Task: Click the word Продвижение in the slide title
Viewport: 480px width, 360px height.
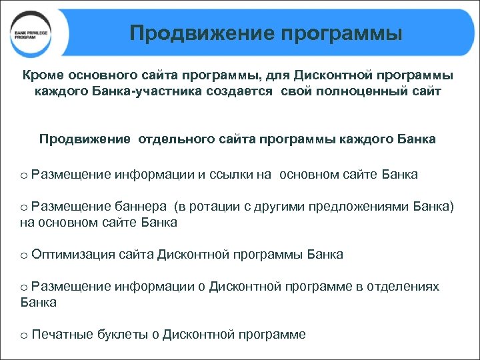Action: click(193, 33)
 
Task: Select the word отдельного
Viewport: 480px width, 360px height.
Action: click(178, 139)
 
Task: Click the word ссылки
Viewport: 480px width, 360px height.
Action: click(233, 175)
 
